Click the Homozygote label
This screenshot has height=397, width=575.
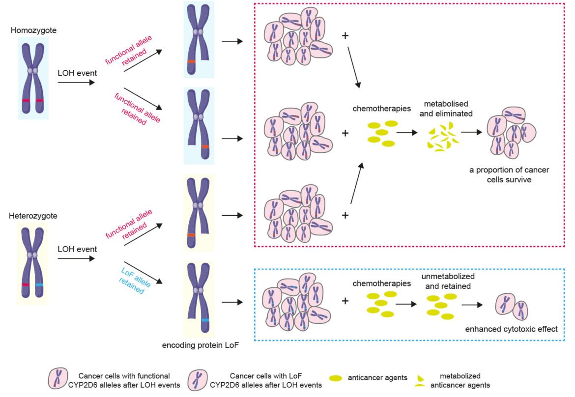pyautogui.click(x=33, y=30)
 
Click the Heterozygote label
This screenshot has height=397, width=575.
pyautogui.click(x=33, y=216)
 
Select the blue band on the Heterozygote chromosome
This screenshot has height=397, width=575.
pyautogui.click(x=39, y=285)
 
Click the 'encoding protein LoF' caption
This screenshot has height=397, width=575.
pyautogui.click(x=201, y=345)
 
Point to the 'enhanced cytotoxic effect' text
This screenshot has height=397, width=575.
pyautogui.click(x=511, y=329)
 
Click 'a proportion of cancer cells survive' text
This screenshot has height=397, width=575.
pyautogui.click(x=509, y=175)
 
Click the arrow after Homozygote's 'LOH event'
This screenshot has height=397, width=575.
pyautogui.click(x=76, y=83)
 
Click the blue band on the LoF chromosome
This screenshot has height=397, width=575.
pyautogui.click(x=205, y=320)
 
